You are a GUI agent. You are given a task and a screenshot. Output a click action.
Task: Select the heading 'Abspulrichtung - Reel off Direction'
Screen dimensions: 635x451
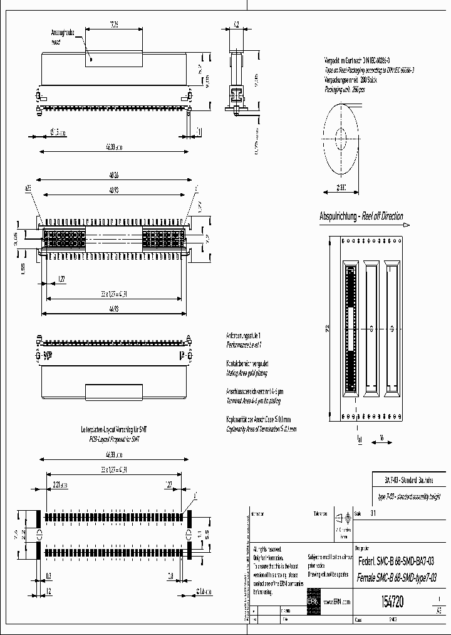(361, 216)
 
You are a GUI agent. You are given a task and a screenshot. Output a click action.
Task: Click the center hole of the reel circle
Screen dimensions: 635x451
(341, 137)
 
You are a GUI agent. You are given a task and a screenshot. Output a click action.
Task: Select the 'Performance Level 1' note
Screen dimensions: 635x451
(244, 345)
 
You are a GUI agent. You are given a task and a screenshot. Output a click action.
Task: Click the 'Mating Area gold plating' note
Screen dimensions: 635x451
(248, 372)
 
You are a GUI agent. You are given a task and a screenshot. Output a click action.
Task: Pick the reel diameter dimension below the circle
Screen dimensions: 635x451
(341, 186)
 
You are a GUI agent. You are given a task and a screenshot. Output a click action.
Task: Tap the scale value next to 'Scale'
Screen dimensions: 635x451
(374, 513)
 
